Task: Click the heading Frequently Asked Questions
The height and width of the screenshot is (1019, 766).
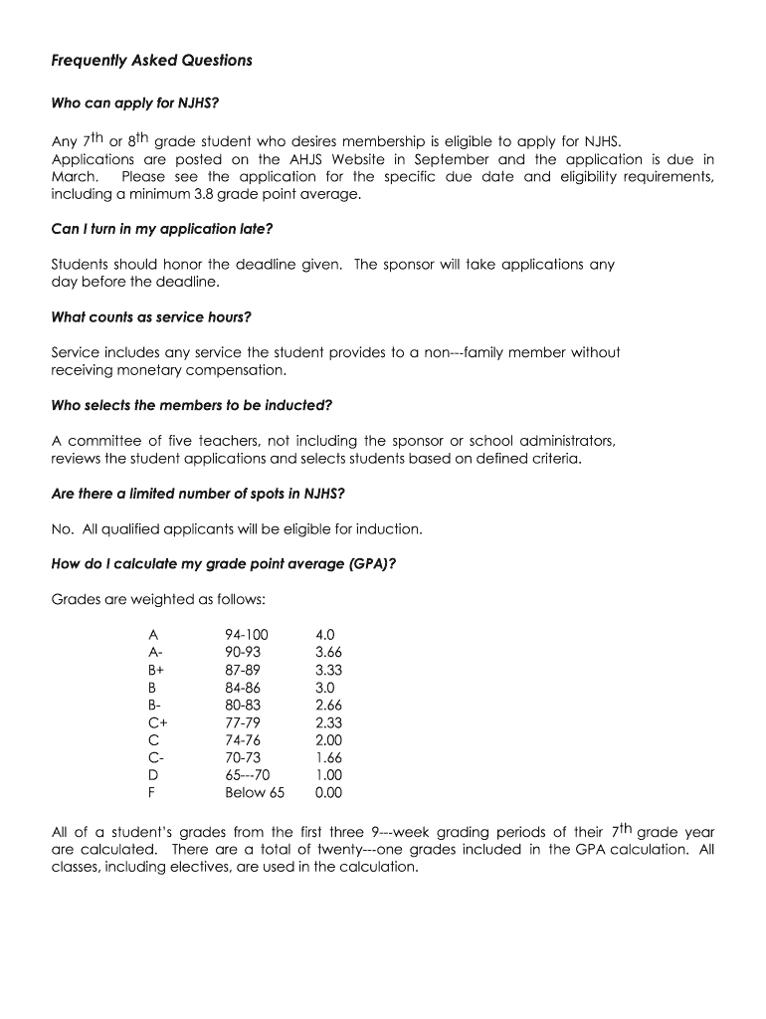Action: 151,61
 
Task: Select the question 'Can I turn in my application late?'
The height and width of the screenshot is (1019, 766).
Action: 161,229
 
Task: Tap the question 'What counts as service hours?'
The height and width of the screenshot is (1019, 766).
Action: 151,317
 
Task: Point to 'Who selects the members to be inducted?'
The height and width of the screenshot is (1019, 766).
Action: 191,405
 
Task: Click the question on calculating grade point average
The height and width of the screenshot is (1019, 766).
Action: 224,563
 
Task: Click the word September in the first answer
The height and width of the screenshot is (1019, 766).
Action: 452,159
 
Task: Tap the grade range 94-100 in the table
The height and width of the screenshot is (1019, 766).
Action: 247,634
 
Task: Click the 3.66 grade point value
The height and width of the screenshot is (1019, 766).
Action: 328,652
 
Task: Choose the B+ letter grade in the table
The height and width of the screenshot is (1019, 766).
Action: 156,670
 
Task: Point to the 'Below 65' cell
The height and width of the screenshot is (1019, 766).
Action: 255,793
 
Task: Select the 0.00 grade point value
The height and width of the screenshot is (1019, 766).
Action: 328,793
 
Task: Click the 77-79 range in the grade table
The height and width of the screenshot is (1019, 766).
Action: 243,722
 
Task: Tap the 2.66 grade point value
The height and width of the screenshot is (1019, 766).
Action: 328,705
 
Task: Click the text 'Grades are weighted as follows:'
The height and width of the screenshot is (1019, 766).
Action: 157,599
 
